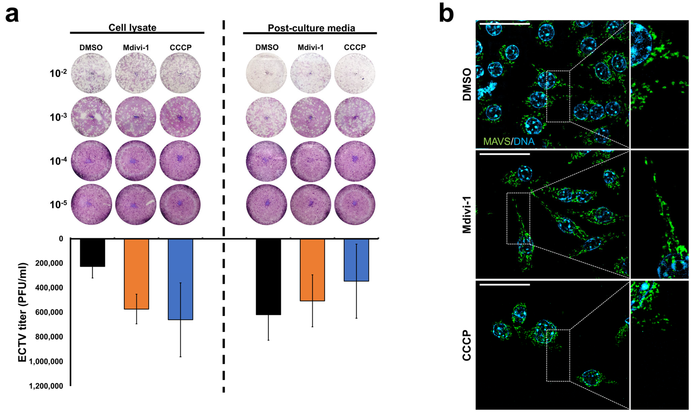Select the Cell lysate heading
132,28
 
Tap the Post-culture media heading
311,28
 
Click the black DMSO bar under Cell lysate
93,253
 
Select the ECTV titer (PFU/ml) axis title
23,312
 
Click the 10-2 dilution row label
58,73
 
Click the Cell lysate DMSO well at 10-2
91,73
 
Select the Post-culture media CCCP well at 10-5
355,204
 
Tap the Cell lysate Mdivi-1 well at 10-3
135,117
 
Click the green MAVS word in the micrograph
496,141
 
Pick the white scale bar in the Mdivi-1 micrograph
505,154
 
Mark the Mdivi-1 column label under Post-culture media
310,47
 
